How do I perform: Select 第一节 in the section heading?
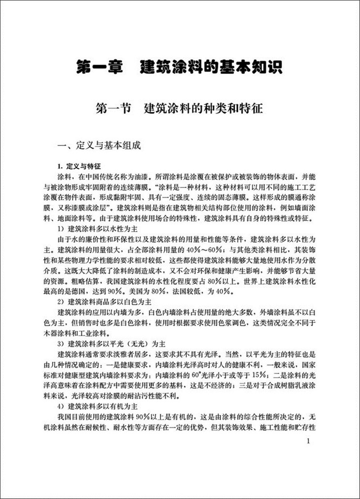pos(113,108)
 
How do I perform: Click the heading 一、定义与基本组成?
pos(100,145)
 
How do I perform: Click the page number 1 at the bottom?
pos(308,441)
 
